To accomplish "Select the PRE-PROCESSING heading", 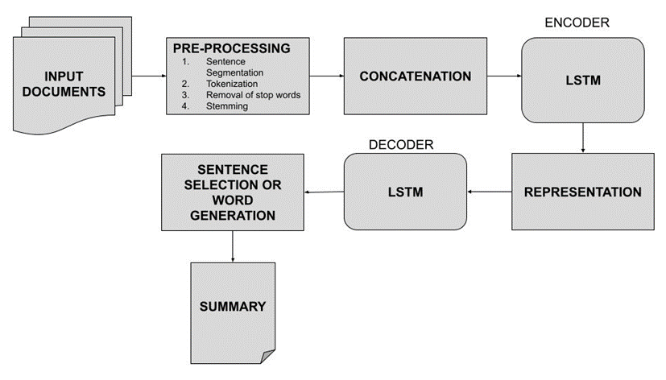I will [231, 48].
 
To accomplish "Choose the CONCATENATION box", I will [416, 76].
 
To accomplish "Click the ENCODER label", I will [577, 23].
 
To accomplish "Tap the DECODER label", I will [401, 144].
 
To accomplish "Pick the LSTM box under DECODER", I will [405, 192].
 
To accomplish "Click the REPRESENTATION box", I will [582, 192].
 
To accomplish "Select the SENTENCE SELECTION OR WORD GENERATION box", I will [233, 193].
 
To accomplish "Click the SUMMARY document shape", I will [233, 307].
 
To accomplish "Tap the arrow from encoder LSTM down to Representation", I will [582, 136].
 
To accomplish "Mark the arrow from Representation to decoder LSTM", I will [490, 192].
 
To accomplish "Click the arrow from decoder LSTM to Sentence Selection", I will [324, 192].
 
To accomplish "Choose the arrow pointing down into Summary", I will [233, 246].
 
